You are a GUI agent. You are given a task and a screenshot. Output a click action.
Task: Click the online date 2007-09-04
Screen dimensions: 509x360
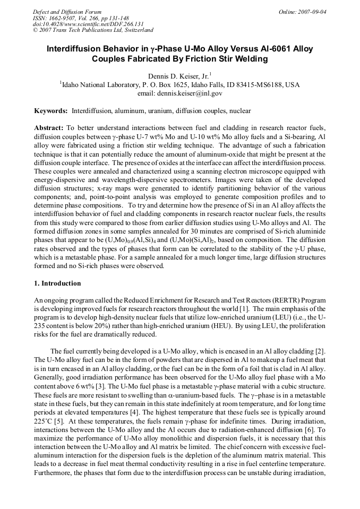pos(313,11)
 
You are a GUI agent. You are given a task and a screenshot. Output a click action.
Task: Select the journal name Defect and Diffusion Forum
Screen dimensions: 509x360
pos(67,11)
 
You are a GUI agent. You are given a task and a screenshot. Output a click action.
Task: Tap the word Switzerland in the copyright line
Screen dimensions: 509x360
pos(135,30)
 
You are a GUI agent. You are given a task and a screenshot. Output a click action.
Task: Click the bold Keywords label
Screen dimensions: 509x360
pos(50,111)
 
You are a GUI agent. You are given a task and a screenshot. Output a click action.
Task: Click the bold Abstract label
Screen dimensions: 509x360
pos(48,128)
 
